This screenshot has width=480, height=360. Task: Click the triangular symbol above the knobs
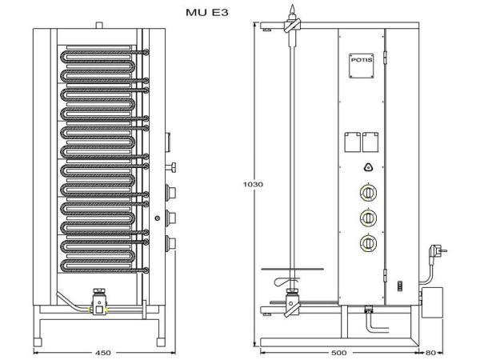click(368, 167)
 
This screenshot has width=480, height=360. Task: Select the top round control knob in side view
click(368, 194)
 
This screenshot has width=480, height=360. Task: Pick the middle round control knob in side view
click(368, 217)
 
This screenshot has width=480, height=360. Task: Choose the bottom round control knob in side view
click(368, 242)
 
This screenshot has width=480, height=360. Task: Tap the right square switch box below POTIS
click(370, 141)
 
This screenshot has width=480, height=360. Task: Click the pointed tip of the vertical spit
click(294, 10)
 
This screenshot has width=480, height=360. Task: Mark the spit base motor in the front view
click(98, 303)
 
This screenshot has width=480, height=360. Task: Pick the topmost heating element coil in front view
click(100, 58)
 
